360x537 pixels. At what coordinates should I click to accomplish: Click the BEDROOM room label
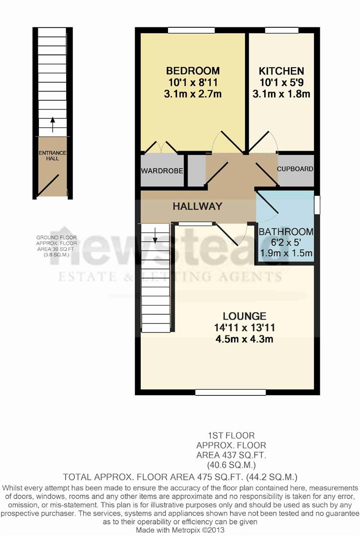pos(193,71)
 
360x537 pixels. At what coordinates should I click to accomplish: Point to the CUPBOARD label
pos(295,169)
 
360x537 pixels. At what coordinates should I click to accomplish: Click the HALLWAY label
pos(197,206)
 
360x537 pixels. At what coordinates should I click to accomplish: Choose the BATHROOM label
pos(286,232)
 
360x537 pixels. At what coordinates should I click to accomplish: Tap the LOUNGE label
pos(244,316)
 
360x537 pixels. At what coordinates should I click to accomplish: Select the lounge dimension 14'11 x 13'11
pos(244,328)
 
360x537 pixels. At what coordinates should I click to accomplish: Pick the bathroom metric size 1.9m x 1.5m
pos(286,254)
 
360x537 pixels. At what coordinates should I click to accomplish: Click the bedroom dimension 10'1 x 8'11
pos(193,82)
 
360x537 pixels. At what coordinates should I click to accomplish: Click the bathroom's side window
pos(317,205)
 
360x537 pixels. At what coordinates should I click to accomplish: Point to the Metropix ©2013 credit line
pos(180,531)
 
